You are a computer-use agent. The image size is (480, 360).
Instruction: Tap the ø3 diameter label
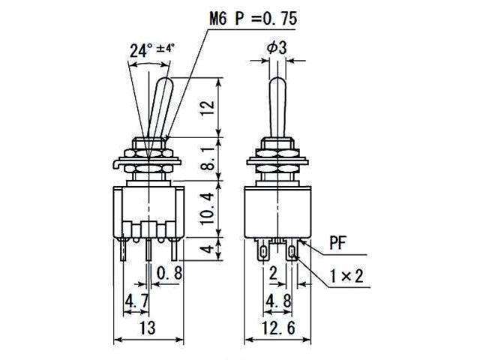coord(277,47)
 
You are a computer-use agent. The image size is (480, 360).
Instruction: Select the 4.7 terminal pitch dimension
coord(136,301)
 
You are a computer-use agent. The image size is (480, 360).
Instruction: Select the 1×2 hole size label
coord(346,277)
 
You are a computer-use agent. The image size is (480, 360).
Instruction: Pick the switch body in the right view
coord(277,211)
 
